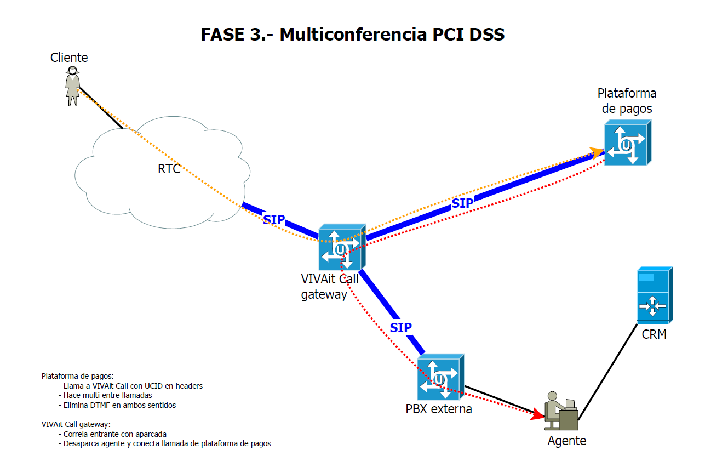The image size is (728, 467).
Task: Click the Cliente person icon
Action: (x=72, y=86)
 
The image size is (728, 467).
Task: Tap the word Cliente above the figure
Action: (x=69, y=58)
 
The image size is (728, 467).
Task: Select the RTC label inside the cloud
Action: (x=169, y=169)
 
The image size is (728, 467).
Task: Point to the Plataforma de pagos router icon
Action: (x=627, y=143)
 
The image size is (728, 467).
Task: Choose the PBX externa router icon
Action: (x=440, y=377)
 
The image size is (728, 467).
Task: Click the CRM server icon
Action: (x=654, y=295)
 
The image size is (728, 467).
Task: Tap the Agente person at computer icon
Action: (x=561, y=411)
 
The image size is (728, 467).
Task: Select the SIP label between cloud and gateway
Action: (x=274, y=219)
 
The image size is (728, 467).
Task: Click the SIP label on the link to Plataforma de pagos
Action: (x=462, y=203)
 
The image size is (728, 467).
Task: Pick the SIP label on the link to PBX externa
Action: (x=400, y=328)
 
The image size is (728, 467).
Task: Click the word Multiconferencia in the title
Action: (x=353, y=35)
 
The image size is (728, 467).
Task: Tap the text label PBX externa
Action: (x=439, y=409)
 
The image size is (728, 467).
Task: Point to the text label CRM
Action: (x=654, y=334)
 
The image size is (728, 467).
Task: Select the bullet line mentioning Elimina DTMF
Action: (x=119, y=405)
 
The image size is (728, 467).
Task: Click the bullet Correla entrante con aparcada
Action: (x=115, y=434)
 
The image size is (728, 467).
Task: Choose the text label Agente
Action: (x=567, y=441)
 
